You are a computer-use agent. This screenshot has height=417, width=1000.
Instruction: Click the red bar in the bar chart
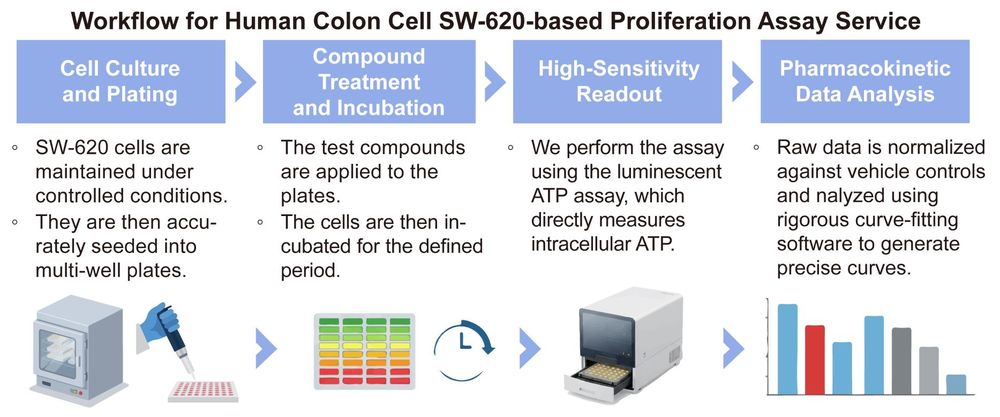pyautogui.click(x=815, y=359)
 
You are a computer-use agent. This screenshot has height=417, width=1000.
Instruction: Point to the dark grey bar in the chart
pyautogui.click(x=901, y=360)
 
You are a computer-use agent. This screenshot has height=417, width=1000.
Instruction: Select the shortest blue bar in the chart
pyautogui.click(x=956, y=384)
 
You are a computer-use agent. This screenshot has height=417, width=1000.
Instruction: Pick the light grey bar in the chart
pyautogui.click(x=929, y=370)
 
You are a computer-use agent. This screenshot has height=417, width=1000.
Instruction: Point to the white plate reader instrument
pyautogui.click(x=619, y=351)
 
